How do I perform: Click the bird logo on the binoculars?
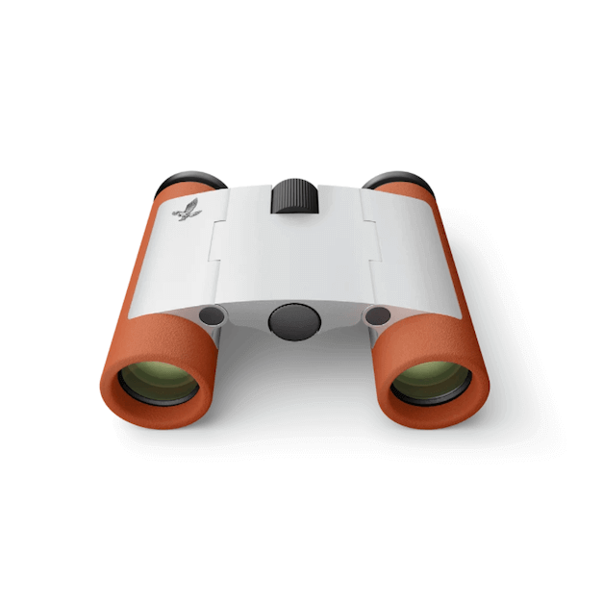[x=188, y=211]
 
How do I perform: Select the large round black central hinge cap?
[x=293, y=321]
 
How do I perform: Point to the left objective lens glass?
[x=158, y=383]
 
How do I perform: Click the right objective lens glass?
[x=430, y=382]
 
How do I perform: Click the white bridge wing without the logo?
[x=394, y=250]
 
